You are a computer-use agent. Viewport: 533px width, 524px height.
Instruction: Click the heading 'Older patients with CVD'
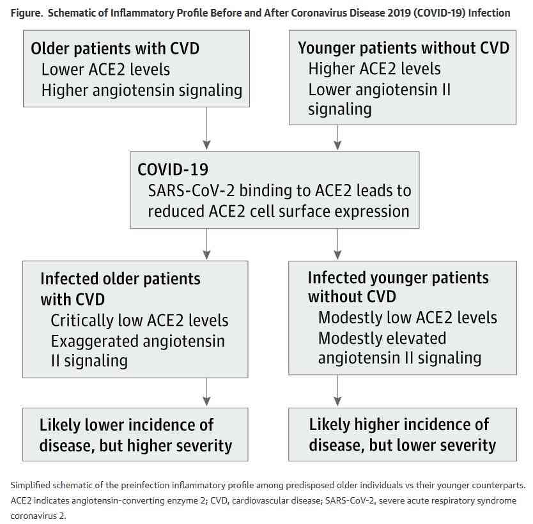(x=115, y=49)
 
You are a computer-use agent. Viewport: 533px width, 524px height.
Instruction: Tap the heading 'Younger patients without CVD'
(x=403, y=48)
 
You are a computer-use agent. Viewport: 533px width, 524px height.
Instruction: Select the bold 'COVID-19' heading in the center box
(x=173, y=169)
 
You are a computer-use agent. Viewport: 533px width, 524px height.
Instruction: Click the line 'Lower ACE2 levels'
(x=105, y=70)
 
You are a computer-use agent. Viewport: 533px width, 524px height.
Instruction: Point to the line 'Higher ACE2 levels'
(x=375, y=68)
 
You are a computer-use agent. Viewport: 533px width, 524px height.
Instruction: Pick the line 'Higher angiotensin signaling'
(x=142, y=91)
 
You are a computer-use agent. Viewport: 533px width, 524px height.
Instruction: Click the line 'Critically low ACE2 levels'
(x=139, y=320)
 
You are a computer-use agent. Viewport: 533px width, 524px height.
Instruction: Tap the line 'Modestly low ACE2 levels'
(x=408, y=318)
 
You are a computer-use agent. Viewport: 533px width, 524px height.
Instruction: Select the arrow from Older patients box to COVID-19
(x=206, y=128)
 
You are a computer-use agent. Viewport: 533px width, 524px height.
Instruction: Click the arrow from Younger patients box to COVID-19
(x=337, y=137)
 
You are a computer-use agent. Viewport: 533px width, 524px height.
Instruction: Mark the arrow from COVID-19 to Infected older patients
(x=206, y=244)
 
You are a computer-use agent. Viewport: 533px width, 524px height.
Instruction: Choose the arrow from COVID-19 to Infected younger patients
(x=337, y=244)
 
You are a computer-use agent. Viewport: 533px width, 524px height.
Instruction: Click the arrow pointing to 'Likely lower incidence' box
(x=206, y=392)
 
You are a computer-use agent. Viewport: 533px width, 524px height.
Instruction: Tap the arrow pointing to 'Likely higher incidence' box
(x=337, y=390)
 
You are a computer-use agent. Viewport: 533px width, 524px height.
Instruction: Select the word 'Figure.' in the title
(x=26, y=13)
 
